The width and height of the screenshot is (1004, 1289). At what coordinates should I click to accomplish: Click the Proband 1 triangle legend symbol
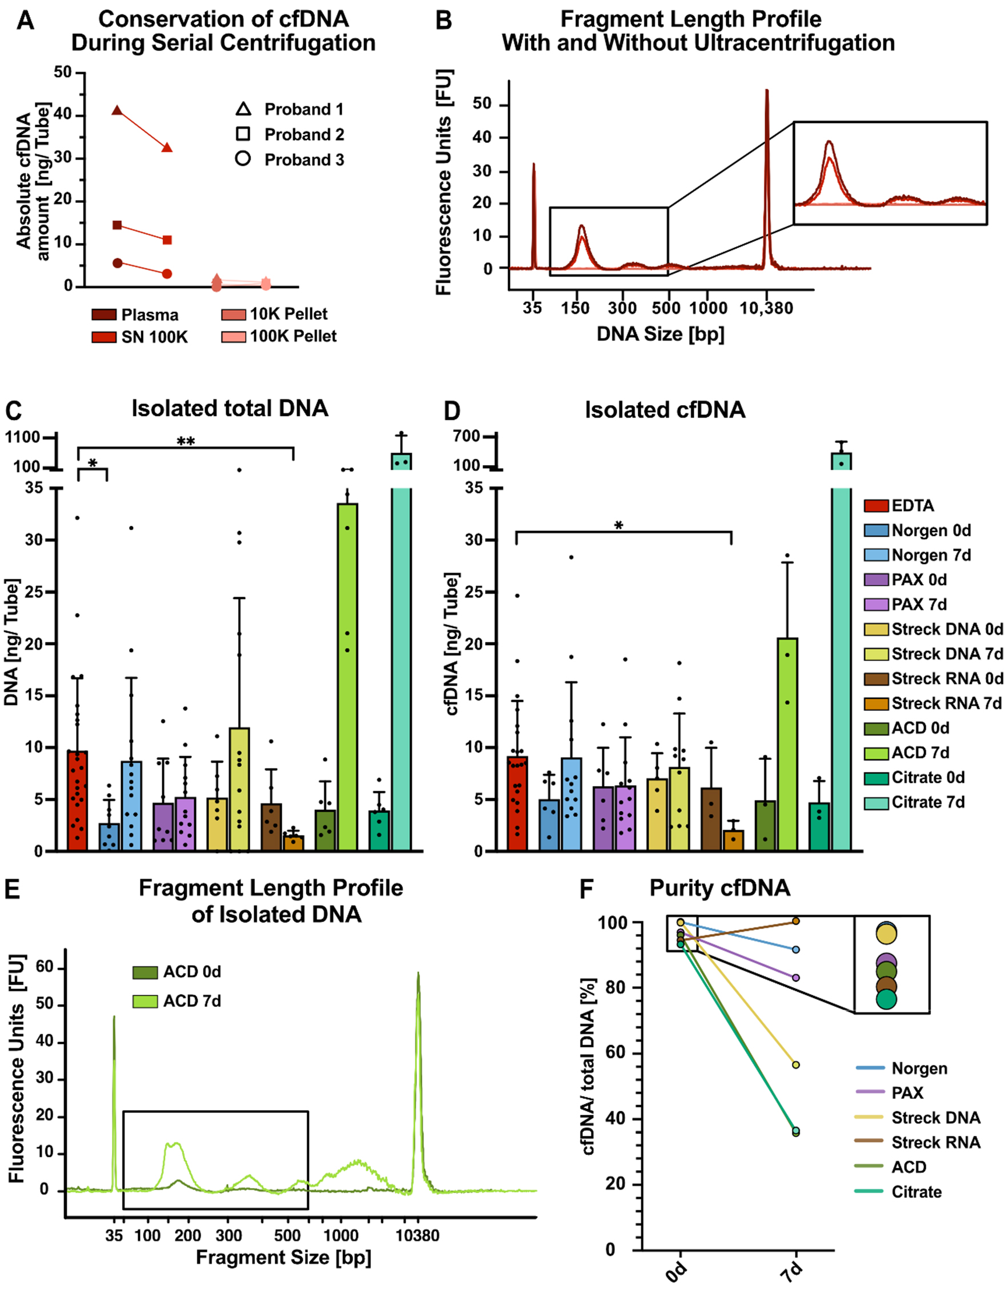click(243, 109)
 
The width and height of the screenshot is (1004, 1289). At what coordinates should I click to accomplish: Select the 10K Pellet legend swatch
click(233, 315)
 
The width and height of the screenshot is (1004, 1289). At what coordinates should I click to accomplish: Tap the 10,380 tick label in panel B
click(766, 308)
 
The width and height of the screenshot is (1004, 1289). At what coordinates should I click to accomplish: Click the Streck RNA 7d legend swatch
click(876, 703)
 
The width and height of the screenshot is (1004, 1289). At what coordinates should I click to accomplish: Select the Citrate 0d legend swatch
click(876, 778)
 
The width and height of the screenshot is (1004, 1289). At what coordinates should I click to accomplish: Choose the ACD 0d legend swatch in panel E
click(145, 972)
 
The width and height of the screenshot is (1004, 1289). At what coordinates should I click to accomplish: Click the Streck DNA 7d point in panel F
click(795, 1064)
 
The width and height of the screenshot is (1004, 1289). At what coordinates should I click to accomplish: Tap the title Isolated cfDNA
click(665, 410)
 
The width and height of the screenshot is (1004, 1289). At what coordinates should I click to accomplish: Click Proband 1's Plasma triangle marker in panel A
click(117, 110)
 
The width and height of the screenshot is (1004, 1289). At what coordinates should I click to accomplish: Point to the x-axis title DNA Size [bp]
click(661, 334)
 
